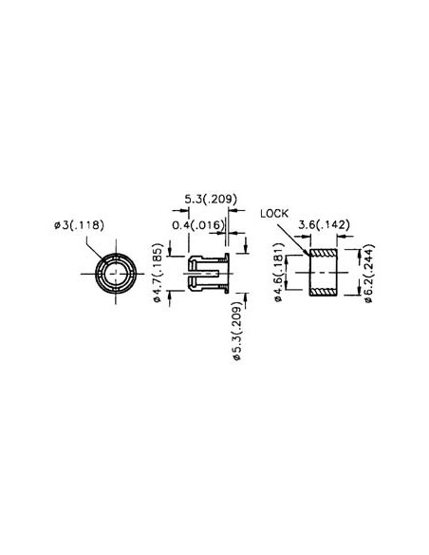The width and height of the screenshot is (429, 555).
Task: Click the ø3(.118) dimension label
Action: [x=79, y=225]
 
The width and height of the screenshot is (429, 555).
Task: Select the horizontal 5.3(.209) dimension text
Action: [x=210, y=200]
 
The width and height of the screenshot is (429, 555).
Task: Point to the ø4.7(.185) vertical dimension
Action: [x=158, y=273]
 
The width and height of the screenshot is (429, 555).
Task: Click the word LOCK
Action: [x=272, y=215]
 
